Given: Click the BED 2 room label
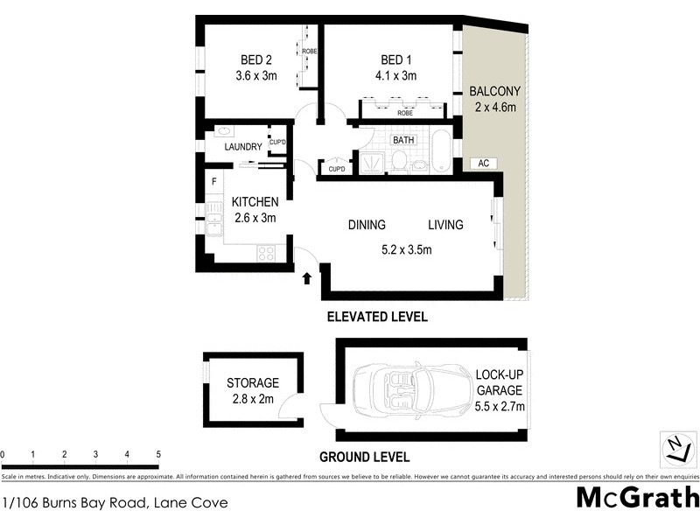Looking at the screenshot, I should click(x=256, y=60).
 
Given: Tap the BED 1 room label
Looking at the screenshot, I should click(x=396, y=60).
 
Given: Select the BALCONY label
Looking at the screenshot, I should click(x=494, y=91).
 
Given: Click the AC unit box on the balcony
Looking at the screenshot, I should click(x=483, y=164).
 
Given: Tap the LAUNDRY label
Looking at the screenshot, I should click(x=243, y=147).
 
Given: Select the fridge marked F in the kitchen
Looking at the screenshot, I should click(x=213, y=182).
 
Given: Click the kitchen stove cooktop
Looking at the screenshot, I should click(x=265, y=254).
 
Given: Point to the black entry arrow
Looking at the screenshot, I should click(x=307, y=279).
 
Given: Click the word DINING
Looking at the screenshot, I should click(x=367, y=226).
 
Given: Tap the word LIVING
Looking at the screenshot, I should click(x=445, y=226).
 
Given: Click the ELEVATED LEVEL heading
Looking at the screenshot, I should click(x=376, y=318).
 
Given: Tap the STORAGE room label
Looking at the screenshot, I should click(x=253, y=383).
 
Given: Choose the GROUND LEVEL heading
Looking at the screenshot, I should click(x=364, y=457).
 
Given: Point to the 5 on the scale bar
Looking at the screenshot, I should click(x=158, y=455).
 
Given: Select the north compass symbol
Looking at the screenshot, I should click(x=675, y=449).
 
